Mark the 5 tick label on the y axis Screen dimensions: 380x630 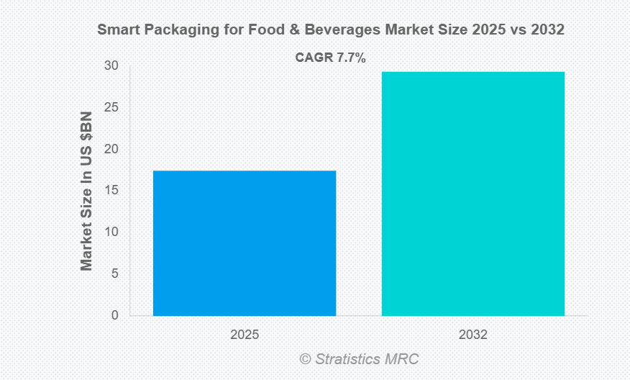(114, 273)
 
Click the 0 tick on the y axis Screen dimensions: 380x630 (114, 315)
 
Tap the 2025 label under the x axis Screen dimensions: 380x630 (245, 335)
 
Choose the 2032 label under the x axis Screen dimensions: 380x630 (472, 335)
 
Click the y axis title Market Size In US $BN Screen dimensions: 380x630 (87, 191)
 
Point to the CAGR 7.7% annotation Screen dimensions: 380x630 (331, 58)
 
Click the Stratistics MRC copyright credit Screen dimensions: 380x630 (359, 358)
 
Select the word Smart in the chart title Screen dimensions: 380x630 (115, 30)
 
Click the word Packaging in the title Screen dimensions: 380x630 (169, 30)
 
